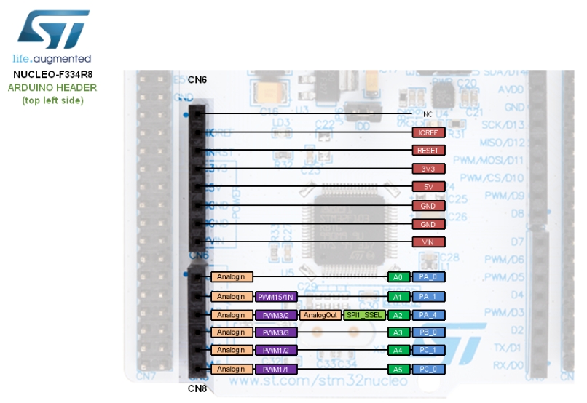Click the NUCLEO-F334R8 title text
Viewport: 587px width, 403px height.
(x=52, y=74)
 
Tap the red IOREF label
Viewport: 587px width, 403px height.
(x=428, y=133)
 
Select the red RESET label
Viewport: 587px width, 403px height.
(x=428, y=151)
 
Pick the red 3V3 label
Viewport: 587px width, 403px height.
(x=428, y=169)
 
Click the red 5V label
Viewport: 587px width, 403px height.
(x=428, y=188)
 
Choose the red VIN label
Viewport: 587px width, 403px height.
(x=428, y=242)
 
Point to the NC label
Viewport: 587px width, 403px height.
(x=428, y=115)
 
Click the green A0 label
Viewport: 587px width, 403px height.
(x=397, y=277)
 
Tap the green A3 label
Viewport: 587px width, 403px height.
(x=397, y=332)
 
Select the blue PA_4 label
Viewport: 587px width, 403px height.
(x=428, y=315)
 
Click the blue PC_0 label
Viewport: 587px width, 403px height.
(x=428, y=370)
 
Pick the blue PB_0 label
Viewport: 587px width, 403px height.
(x=428, y=332)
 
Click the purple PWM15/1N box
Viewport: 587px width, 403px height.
(x=275, y=297)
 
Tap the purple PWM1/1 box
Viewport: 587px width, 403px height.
(x=275, y=370)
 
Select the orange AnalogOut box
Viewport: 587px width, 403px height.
(x=320, y=315)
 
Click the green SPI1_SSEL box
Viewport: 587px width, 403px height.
(x=365, y=315)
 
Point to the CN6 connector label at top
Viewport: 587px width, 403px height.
(x=197, y=79)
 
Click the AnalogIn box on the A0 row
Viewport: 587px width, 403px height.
(x=231, y=277)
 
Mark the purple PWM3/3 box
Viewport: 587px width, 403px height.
(x=275, y=332)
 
